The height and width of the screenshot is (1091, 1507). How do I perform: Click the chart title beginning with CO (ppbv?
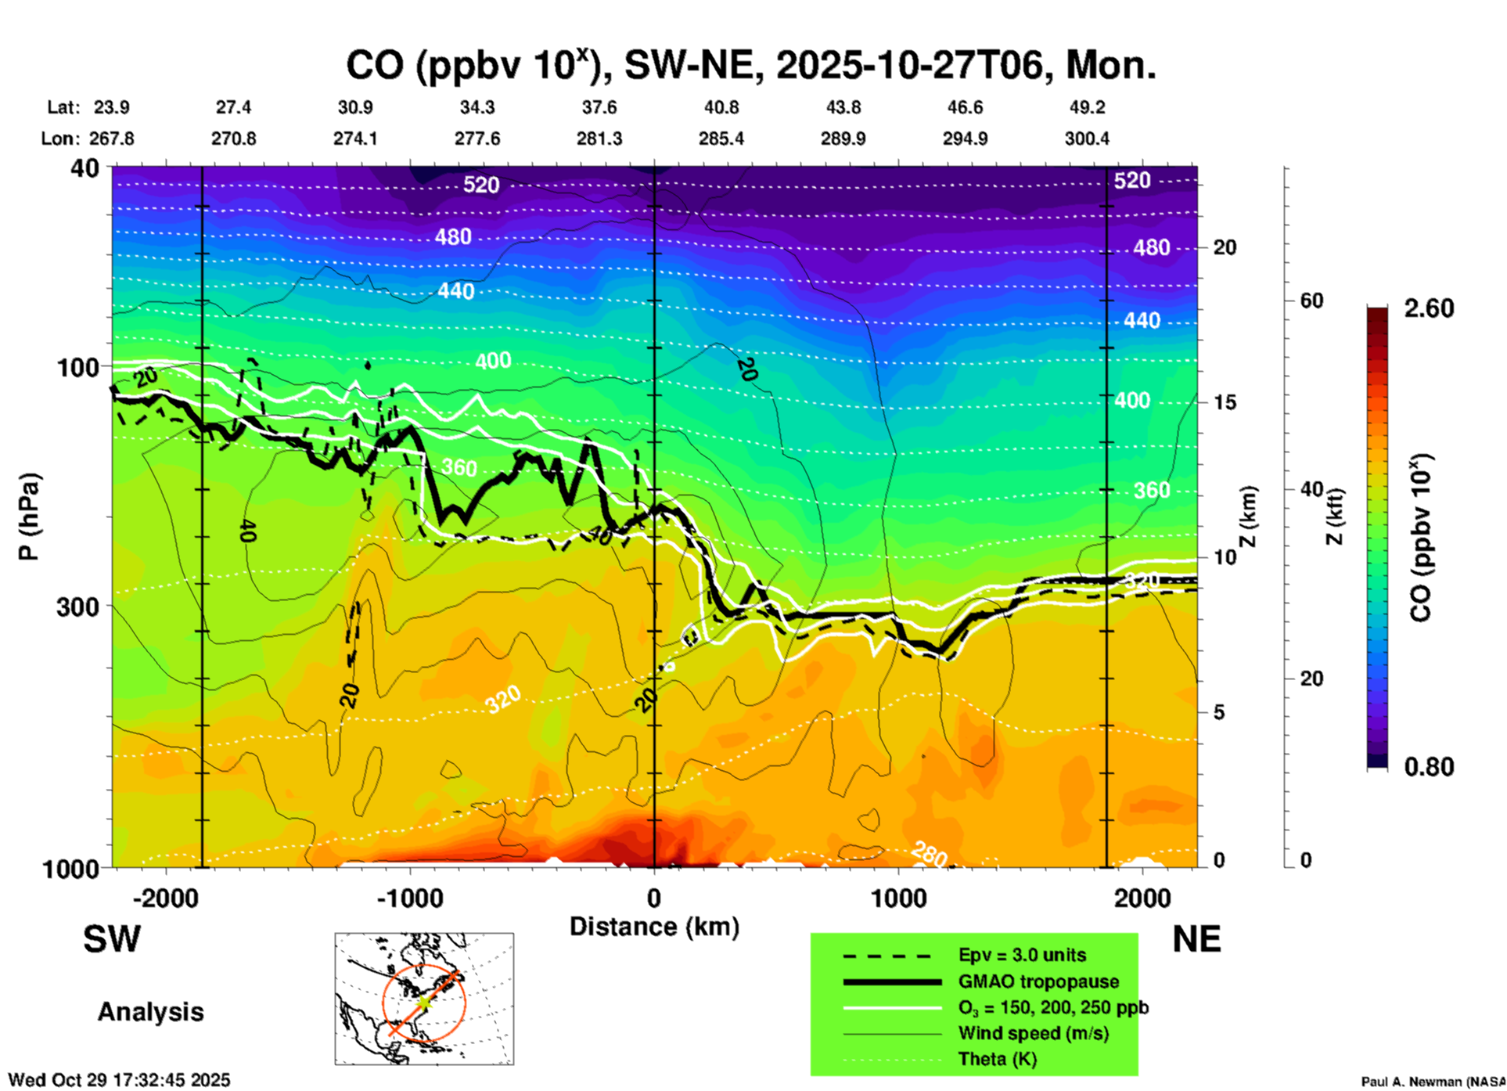(x=750, y=66)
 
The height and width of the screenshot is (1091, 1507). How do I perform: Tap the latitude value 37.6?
(x=599, y=107)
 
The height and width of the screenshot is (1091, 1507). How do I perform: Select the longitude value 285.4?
(x=721, y=139)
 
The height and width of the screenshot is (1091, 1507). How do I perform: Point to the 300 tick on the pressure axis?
(x=77, y=607)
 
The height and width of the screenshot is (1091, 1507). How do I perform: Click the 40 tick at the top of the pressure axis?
(x=86, y=168)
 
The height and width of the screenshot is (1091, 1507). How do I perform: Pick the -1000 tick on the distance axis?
(x=409, y=898)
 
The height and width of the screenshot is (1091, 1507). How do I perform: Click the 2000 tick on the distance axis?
(x=1142, y=898)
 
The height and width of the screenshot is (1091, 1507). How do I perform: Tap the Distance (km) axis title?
(x=654, y=927)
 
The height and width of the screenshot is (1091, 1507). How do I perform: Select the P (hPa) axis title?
(x=28, y=517)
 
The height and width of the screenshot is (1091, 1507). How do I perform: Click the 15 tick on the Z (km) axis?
(x=1225, y=402)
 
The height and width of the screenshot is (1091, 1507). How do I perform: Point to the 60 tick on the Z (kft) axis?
(x=1311, y=301)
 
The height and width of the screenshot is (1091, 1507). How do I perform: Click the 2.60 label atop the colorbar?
(x=1429, y=308)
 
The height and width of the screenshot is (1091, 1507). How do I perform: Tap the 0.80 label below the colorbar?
(x=1429, y=767)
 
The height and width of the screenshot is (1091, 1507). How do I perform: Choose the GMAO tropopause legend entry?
(x=1038, y=981)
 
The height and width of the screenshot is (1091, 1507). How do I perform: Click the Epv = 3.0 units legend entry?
(x=1022, y=955)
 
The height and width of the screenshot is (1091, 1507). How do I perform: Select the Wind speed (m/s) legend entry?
(x=1033, y=1033)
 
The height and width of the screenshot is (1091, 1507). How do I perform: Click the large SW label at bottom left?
(x=112, y=939)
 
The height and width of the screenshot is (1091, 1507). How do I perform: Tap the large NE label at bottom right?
(x=1196, y=939)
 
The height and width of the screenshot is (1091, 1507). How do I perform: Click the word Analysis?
(x=150, y=1012)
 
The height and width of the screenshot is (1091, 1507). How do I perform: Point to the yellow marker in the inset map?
(x=423, y=1001)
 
